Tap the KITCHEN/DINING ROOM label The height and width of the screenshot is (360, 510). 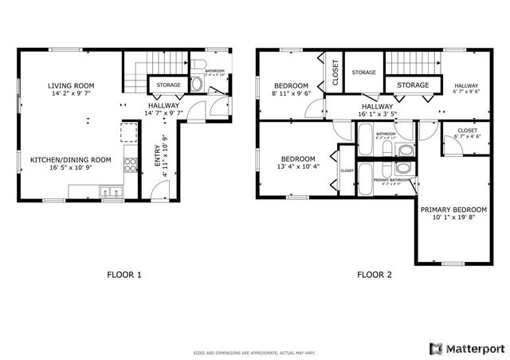(x=70, y=159)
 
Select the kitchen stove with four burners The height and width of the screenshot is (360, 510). (x=129, y=166)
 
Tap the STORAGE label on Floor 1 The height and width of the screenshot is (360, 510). (x=167, y=84)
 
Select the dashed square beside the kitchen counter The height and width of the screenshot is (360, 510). (x=128, y=131)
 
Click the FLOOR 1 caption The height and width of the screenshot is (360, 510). (x=124, y=275)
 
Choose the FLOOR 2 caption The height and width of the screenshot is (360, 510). (x=375, y=275)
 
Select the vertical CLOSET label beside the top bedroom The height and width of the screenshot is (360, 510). (x=335, y=72)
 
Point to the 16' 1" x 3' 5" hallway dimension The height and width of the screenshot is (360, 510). (x=377, y=115)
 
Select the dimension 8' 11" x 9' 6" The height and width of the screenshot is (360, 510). (x=291, y=93)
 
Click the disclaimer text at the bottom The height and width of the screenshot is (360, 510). (x=254, y=352)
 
